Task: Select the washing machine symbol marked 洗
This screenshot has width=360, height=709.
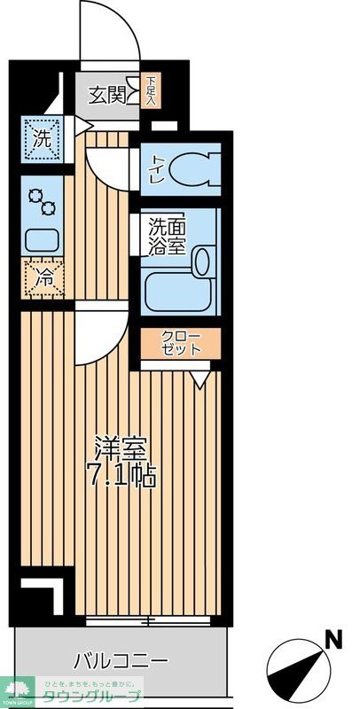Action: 42,138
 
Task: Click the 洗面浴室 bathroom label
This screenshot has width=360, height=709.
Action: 167,236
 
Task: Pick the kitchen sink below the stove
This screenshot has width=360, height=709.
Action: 41,238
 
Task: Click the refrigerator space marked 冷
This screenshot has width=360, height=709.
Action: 42,277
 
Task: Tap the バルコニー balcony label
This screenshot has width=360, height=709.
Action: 121,660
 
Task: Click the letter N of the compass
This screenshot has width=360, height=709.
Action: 333,637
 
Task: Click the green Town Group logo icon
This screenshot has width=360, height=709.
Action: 18,690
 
